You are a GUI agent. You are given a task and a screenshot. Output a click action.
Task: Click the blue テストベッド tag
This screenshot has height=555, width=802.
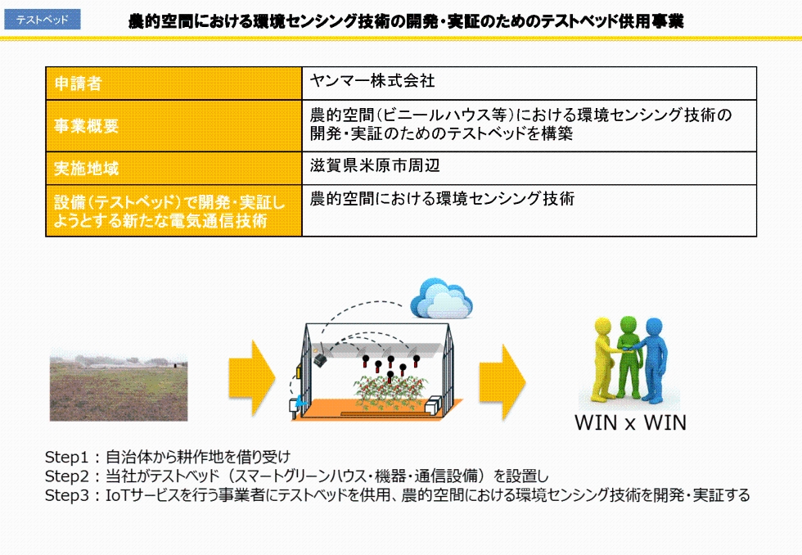click(42, 20)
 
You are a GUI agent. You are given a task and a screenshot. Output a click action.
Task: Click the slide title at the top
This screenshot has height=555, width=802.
click(406, 21)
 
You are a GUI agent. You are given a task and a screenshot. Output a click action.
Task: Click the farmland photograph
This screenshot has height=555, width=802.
click(119, 388)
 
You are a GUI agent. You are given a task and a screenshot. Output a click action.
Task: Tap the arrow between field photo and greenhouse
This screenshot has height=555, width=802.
click(252, 378)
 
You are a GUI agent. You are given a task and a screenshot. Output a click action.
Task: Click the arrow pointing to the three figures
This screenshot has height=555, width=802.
click(502, 382)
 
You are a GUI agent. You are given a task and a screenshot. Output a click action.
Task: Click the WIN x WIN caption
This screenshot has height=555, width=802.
click(630, 423)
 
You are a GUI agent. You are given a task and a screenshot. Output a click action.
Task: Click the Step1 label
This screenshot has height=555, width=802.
click(66, 457)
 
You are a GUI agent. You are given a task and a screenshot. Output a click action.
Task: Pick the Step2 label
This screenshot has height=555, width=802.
click(66, 476)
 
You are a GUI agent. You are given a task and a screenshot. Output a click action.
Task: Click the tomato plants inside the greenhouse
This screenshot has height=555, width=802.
click(390, 393)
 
